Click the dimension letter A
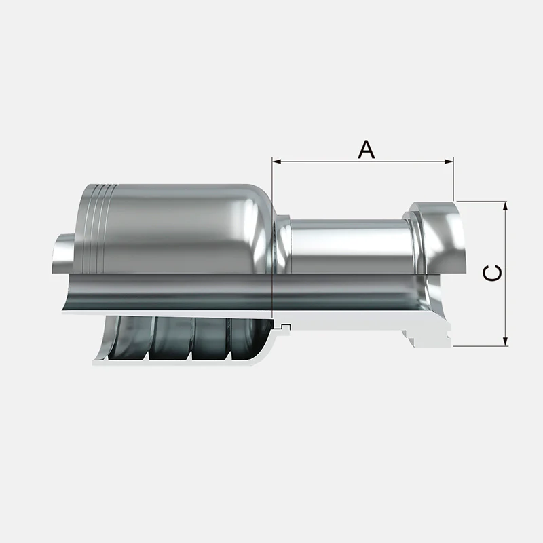[366, 149]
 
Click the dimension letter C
[492, 273]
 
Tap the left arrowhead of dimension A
[276, 162]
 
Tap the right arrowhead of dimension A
[449, 162]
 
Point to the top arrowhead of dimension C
[506, 206]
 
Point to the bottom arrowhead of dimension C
[506, 341]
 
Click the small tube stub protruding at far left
[62, 253]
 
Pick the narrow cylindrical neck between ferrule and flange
[350, 245]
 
